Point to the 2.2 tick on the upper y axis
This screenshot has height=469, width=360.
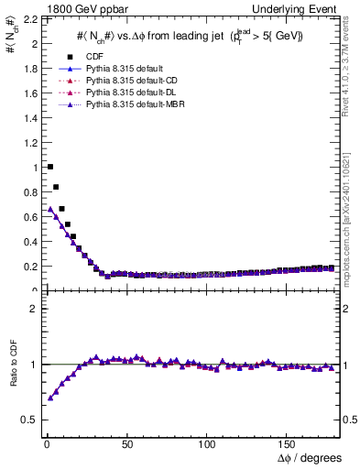[27, 19]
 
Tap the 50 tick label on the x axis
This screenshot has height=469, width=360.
[125, 443]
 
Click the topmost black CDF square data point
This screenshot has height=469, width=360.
[49, 167]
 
